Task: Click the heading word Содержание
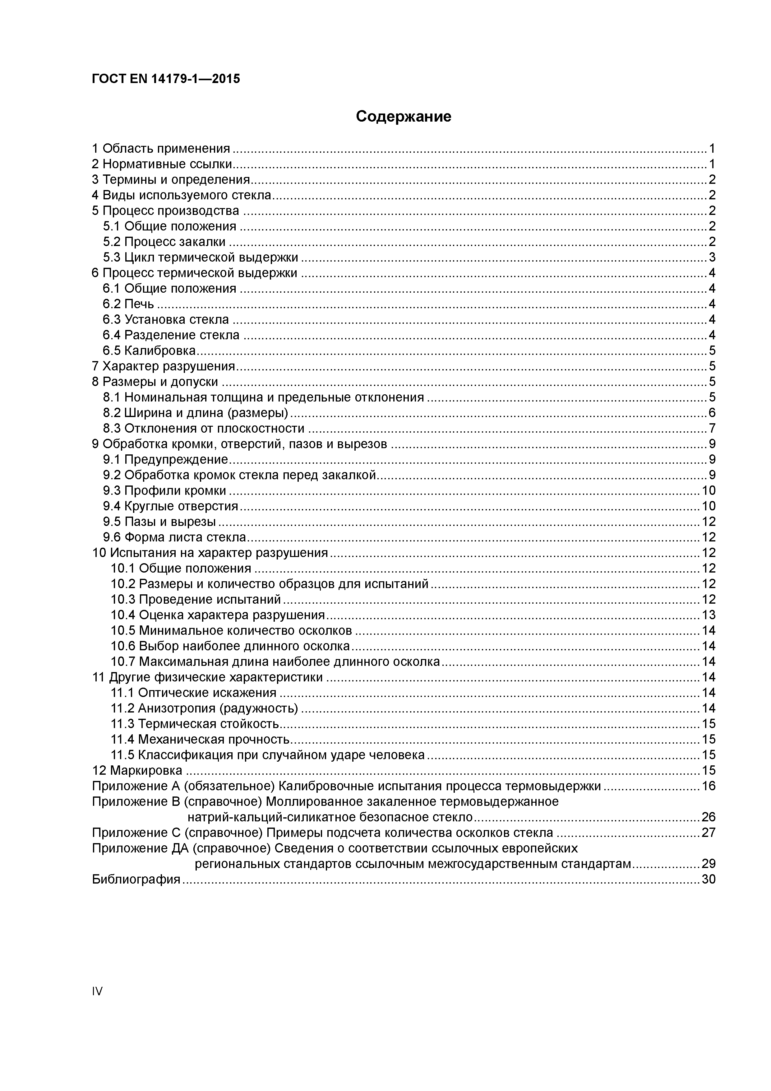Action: [x=403, y=116]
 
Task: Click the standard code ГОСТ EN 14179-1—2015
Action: [x=166, y=79]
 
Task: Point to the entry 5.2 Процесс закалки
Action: [x=164, y=242]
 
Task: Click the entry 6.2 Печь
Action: [x=128, y=304]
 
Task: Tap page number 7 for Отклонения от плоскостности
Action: [x=712, y=429]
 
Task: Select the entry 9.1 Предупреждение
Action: [x=166, y=459]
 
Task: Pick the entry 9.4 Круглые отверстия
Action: [x=171, y=506]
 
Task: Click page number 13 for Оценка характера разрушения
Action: [x=708, y=615]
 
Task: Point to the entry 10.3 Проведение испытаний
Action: [x=196, y=600]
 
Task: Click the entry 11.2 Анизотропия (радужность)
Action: [x=204, y=708]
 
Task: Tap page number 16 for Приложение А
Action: [x=708, y=786]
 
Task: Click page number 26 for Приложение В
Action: [x=708, y=817]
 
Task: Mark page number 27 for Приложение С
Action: [x=708, y=833]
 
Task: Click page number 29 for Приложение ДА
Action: [x=708, y=864]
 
